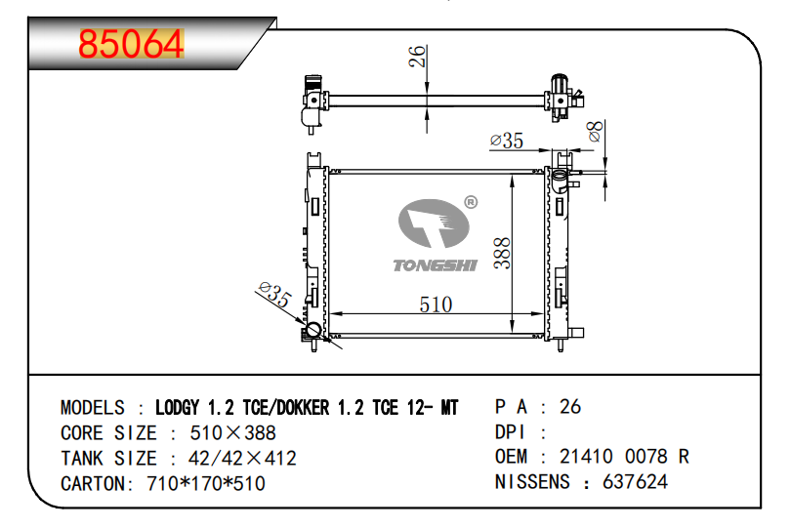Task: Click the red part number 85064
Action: [x=131, y=44]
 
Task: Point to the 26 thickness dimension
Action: [x=417, y=57]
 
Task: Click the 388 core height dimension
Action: [x=502, y=253]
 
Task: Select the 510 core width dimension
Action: [x=436, y=305]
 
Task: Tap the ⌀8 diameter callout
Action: [x=596, y=132]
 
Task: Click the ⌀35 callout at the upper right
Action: [x=507, y=141]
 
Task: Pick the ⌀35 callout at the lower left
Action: [x=274, y=294]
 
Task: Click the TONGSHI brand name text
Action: [x=435, y=265]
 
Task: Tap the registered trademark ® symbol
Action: [x=471, y=202]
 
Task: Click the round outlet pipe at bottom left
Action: [x=312, y=330]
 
